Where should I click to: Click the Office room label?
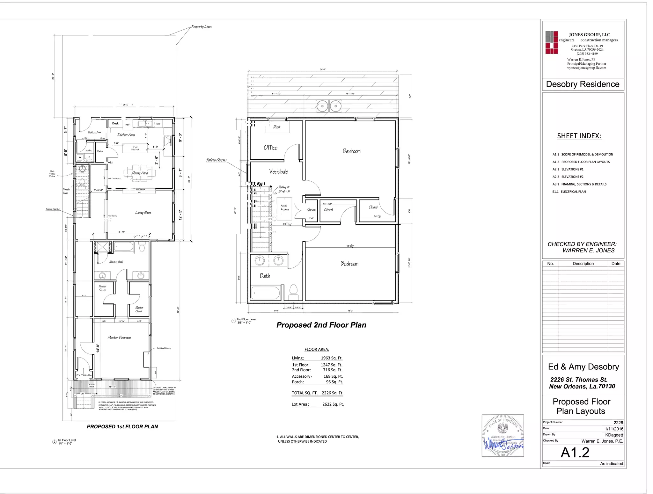pyautogui.click(x=270, y=148)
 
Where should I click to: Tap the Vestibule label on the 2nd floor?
pyautogui.click(x=278, y=171)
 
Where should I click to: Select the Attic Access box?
pyautogui.click(x=284, y=208)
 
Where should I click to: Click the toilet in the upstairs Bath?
pyautogui.click(x=293, y=291)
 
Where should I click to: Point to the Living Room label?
pyautogui.click(x=143, y=213)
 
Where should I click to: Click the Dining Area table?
pyautogui.click(x=140, y=173)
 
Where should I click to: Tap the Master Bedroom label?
pyautogui.click(x=119, y=337)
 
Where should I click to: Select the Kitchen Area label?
pyautogui.click(x=126, y=135)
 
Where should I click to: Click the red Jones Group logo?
pyautogui.click(x=552, y=42)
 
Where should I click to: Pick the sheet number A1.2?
pyautogui.click(x=575, y=453)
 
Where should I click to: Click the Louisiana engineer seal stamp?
pyautogui.click(x=503, y=435)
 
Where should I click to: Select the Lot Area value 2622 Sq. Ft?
pyautogui.click(x=333, y=404)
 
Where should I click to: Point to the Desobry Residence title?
pyautogui.click(x=583, y=84)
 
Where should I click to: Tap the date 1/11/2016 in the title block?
pyautogui.click(x=614, y=429)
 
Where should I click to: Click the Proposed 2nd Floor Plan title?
pyautogui.click(x=321, y=325)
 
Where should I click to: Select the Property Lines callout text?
pyautogui.click(x=201, y=27)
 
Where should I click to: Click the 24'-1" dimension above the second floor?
pyautogui.click(x=323, y=69)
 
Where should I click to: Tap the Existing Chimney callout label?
pyautogui.click(x=164, y=348)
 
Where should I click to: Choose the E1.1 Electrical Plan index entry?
pyautogui.click(x=569, y=192)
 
